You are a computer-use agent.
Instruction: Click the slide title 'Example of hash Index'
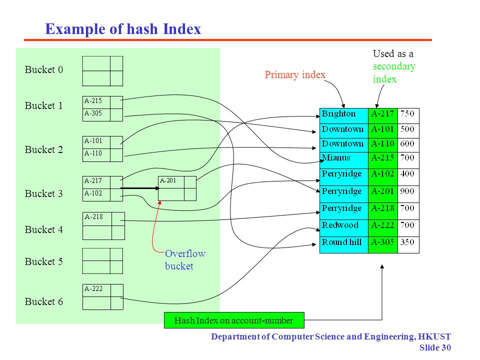[123, 29]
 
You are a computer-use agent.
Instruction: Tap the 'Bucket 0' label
[44, 69]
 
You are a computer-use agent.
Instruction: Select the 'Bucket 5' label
[44, 261]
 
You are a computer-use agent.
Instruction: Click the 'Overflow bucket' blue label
[185, 259]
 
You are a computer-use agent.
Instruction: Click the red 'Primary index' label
[295, 74]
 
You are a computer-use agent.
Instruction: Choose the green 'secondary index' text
[393, 72]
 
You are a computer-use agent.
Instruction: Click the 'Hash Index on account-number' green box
[234, 320]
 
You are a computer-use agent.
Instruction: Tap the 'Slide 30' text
[435, 348]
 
